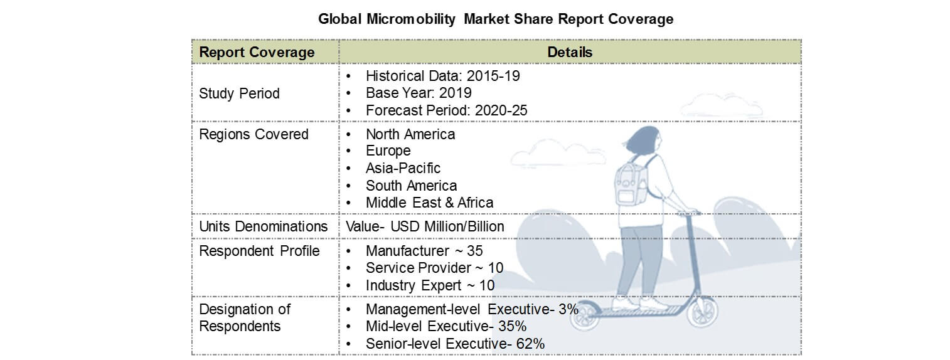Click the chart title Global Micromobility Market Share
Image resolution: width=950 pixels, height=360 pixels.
coord(495,19)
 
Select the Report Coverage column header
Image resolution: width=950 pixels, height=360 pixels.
coord(257,53)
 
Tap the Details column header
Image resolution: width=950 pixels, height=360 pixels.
coord(569,53)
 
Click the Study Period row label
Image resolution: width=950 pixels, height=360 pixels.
coord(239,93)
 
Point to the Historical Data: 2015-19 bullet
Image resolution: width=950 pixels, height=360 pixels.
coord(442,77)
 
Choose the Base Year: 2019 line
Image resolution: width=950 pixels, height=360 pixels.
coord(419,93)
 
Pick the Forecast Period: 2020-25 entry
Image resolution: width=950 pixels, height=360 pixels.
coord(446,110)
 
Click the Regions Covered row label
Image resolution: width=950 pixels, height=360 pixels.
coord(254,134)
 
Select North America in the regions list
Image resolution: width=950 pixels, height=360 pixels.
coord(410,134)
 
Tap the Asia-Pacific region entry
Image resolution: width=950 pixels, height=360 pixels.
coord(403,168)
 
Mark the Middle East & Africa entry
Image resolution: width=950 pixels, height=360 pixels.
coord(429,203)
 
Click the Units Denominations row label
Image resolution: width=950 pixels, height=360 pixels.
coord(263,226)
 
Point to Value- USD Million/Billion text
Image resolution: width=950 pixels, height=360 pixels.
coord(425,226)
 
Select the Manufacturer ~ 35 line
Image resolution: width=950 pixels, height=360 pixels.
coord(424,251)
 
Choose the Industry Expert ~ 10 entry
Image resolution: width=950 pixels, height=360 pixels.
coord(430,285)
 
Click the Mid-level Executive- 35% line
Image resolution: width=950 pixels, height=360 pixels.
coord(446,326)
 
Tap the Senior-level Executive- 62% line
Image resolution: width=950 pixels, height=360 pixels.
coord(455,344)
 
